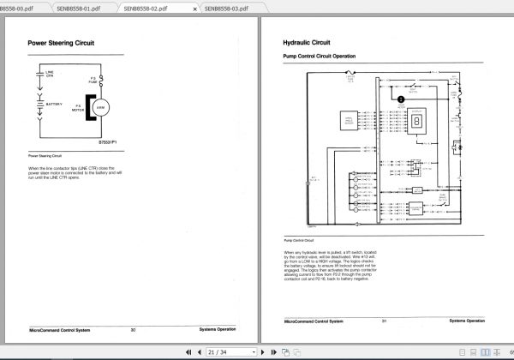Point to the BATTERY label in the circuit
point(55,103)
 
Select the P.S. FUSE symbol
point(102,80)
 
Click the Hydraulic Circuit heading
point(307,41)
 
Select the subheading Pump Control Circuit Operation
point(319,56)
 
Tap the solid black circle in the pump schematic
point(399,99)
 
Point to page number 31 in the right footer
point(385,321)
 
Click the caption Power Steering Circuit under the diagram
point(45,156)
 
